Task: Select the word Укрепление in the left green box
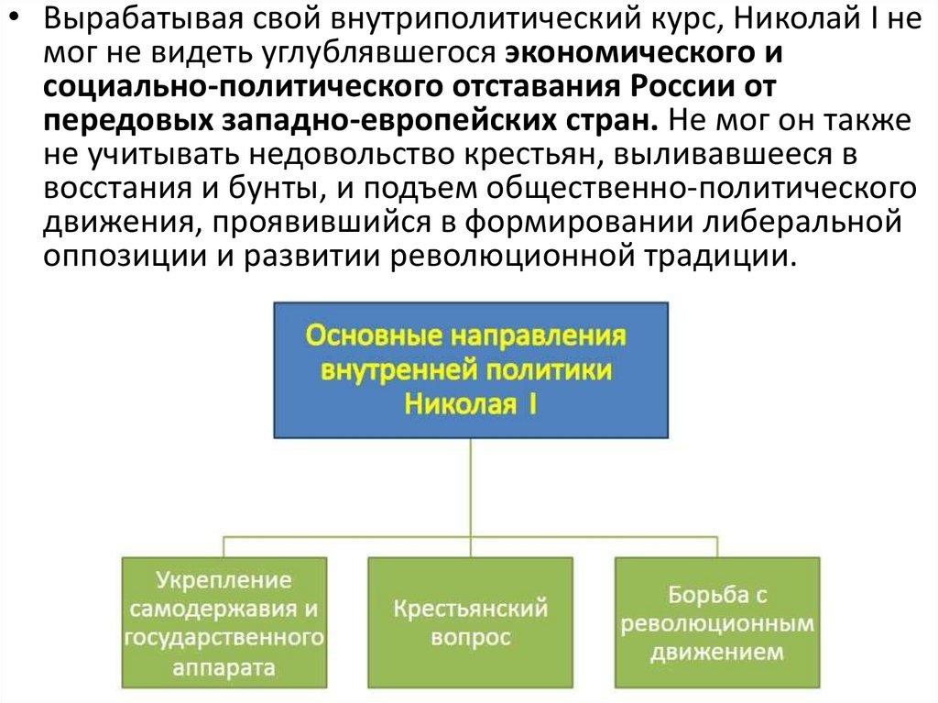(x=224, y=580)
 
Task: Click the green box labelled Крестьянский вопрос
(x=471, y=622)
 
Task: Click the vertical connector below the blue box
(x=471, y=486)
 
